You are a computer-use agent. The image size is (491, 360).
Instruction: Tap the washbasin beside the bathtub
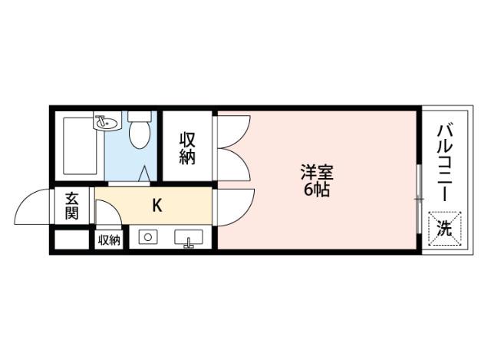tap(105, 122)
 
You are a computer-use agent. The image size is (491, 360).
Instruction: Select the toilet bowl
tap(139, 135)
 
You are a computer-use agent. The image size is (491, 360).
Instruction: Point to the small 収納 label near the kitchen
tap(110, 240)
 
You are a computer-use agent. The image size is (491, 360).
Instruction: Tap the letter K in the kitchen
tap(157, 206)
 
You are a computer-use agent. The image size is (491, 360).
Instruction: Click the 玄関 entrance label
tap(71, 205)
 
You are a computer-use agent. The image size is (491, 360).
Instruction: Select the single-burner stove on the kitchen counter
tap(147, 238)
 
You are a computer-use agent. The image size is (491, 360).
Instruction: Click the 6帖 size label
tap(315, 190)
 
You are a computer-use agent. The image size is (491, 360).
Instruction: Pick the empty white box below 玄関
tap(71, 239)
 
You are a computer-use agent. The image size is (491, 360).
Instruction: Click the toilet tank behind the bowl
tap(139, 116)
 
